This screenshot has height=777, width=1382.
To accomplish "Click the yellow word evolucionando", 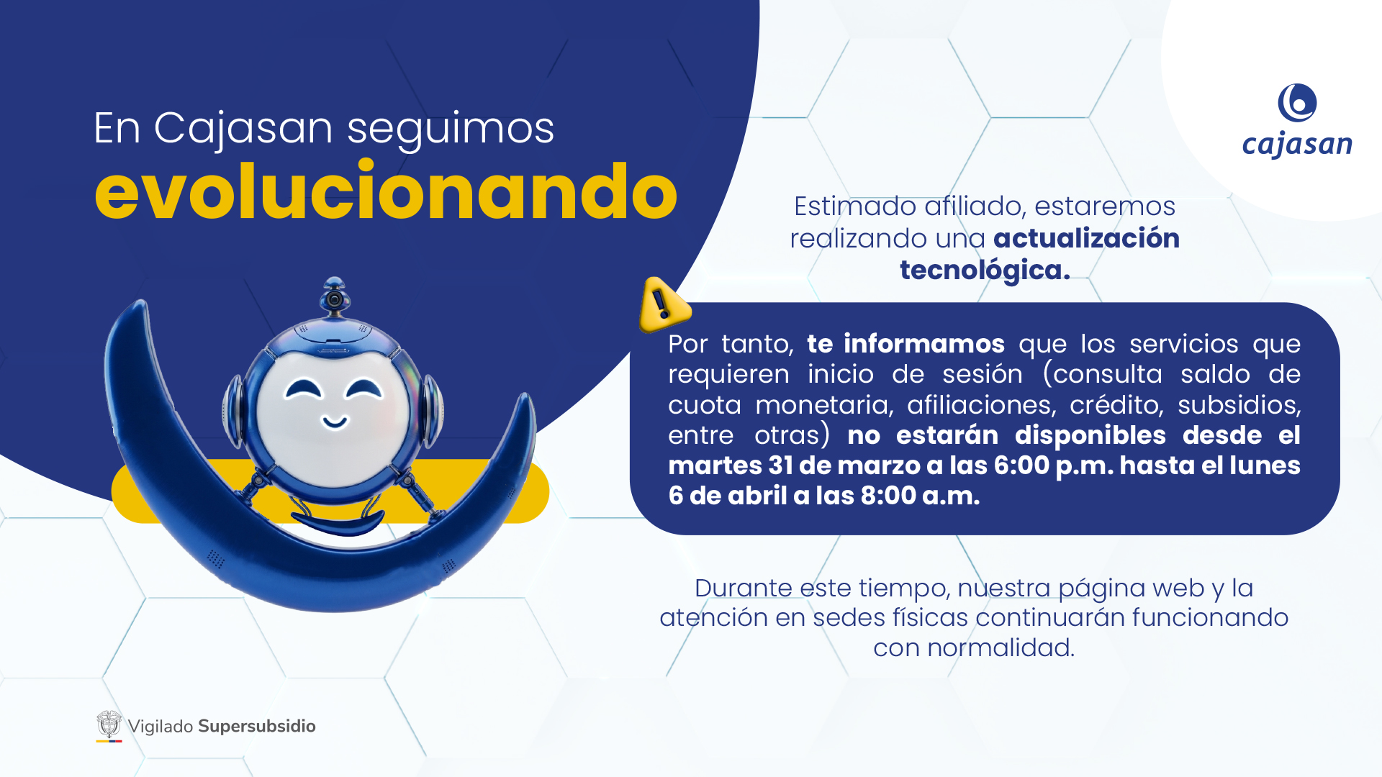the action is tap(386, 191).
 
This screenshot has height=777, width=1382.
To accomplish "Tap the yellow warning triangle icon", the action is tap(664, 305).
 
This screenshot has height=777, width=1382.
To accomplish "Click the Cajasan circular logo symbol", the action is tap(1297, 103).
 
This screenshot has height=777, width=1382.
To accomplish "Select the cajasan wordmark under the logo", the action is tap(1297, 145).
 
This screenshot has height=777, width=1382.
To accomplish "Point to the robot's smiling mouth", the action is tap(334, 422).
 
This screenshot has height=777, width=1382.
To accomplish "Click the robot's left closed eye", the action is tap(304, 390).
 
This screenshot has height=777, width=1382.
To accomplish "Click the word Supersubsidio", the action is tap(257, 727).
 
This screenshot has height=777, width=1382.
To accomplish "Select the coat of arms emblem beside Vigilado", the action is tap(109, 726).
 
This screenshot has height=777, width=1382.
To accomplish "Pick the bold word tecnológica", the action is tap(985, 271).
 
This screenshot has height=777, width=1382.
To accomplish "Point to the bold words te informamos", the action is tap(905, 344).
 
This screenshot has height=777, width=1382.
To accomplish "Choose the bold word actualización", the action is tap(1086, 238).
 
